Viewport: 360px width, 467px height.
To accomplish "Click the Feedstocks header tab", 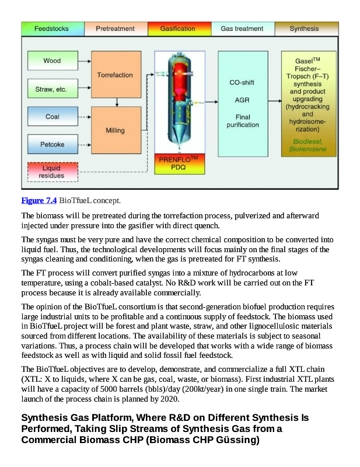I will click(x=51, y=29).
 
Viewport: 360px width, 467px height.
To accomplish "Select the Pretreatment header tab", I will click(x=115, y=29).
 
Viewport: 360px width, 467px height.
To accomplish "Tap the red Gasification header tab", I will click(x=178, y=29).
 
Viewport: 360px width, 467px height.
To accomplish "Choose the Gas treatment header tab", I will click(x=242, y=29).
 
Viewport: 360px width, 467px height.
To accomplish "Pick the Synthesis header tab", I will click(x=304, y=29).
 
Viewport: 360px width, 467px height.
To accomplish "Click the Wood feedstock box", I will click(x=52, y=61).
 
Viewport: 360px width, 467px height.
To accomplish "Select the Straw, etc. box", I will click(x=52, y=89).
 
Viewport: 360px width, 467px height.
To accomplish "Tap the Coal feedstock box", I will click(x=52, y=117).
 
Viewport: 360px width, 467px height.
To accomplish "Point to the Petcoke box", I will click(x=52, y=144).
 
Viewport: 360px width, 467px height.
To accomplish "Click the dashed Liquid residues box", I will click(x=52, y=172).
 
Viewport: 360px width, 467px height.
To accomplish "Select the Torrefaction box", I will click(x=115, y=75).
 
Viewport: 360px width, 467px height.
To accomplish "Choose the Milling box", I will click(x=115, y=130).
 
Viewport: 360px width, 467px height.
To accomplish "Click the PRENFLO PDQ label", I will click(x=178, y=163).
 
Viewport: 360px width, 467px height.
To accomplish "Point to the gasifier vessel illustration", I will click(x=177, y=102).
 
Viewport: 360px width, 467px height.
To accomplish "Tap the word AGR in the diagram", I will click(x=242, y=100).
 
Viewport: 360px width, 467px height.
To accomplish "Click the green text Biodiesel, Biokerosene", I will click(x=309, y=145).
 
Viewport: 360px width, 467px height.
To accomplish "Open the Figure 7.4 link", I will click(x=39, y=201).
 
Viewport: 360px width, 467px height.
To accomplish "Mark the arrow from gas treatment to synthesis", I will click(x=274, y=102).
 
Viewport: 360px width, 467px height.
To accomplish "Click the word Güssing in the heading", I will click(x=237, y=440).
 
